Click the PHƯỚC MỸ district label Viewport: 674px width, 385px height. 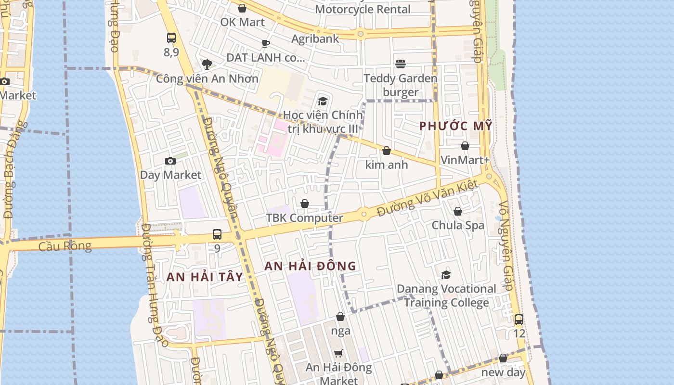(455, 126)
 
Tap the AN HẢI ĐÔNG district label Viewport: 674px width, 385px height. (311, 266)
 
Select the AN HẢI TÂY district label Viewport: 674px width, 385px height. (205, 277)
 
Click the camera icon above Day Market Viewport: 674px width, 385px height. (170, 161)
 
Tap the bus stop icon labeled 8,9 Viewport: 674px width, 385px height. (171, 38)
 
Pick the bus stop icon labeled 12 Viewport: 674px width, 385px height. (518, 319)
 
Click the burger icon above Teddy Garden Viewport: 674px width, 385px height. (400, 64)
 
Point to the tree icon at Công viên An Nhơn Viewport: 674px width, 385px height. (207, 64)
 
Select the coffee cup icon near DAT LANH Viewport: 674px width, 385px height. (265, 44)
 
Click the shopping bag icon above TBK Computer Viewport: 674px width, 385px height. (305, 204)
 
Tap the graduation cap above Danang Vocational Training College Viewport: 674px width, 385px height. (446, 275)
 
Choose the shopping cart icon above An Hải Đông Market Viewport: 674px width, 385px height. (338, 353)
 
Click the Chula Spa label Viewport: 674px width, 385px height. (458, 225)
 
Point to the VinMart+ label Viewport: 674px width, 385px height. (465, 160)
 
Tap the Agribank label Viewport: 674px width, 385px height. (315, 39)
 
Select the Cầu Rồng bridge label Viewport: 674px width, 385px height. (65, 246)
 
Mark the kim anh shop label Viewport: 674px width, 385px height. (387, 165)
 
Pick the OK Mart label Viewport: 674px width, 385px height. (242, 22)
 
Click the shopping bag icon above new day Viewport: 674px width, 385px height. (503, 359)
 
